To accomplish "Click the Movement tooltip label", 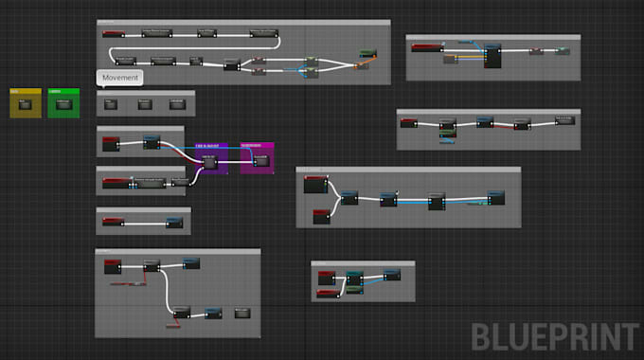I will (120, 78).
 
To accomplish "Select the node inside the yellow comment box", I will (26, 104).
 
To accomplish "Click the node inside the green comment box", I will (63, 104).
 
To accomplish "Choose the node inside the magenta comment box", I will (259, 160).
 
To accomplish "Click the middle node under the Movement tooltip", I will (144, 103).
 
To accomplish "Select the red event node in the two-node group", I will (113, 222).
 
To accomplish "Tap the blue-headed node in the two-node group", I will (174, 222).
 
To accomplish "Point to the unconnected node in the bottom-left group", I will (242, 312).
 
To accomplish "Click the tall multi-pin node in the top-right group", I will (492, 55).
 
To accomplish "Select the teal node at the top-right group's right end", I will (563, 48).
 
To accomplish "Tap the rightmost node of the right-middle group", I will (563, 121).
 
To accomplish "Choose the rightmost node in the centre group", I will (496, 197).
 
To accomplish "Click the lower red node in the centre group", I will (321, 217).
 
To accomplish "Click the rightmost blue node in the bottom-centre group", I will (391, 275).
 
